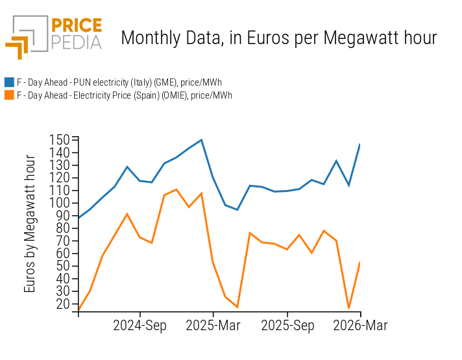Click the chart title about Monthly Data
coord(279,38)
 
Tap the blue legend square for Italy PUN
coord(9,82)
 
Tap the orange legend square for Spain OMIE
coord(9,95)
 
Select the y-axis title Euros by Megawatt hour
coord(30,224)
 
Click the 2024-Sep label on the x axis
coord(140,326)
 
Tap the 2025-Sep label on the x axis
coord(288,326)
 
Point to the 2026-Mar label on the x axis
coord(360,326)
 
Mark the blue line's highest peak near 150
coord(202,139)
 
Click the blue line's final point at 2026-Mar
coord(360,144)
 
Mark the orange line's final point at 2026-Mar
coord(360,262)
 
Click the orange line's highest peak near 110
coord(176,189)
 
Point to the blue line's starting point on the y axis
coord(79,217)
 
